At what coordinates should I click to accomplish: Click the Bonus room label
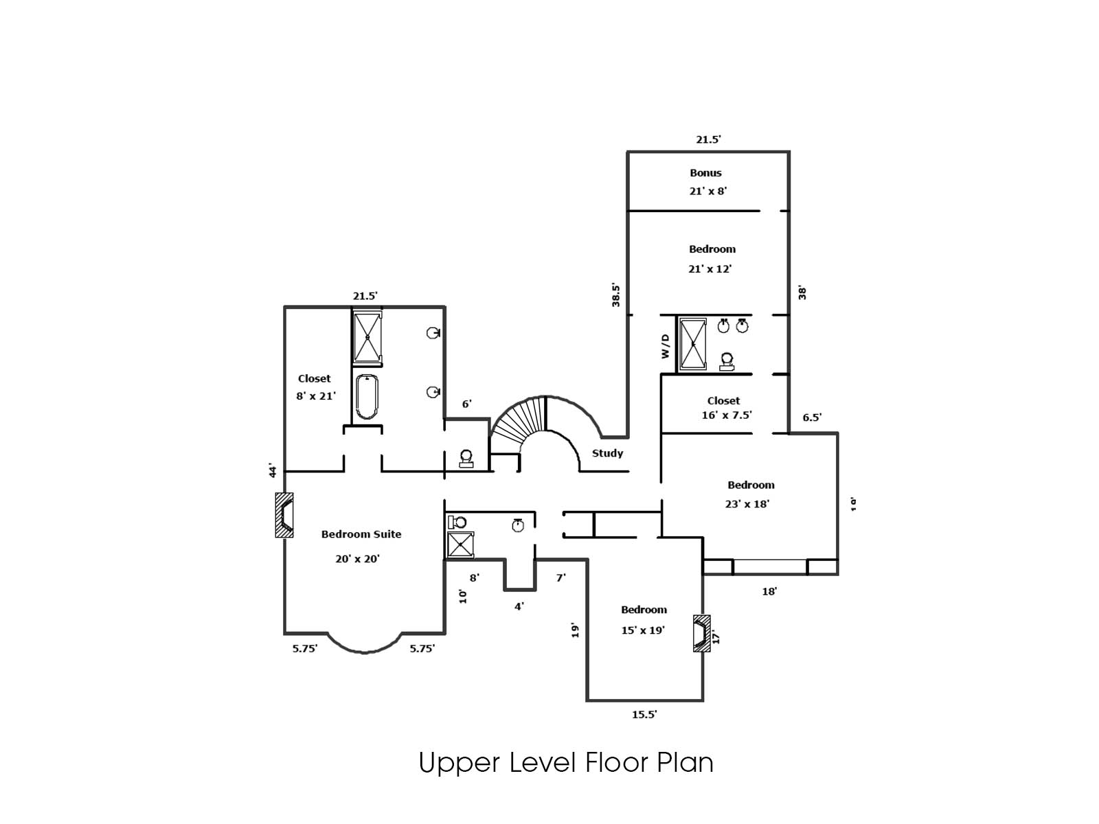coord(705,173)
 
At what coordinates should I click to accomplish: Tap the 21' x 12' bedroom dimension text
coord(710,269)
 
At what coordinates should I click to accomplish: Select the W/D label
coord(665,345)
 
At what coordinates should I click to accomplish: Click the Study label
coord(607,453)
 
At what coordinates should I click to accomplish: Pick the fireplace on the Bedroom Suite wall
coord(284,515)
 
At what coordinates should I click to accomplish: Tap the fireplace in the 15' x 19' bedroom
coord(702,632)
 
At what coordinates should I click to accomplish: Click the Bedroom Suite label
coord(361,534)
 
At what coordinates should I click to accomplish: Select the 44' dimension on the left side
coord(273,470)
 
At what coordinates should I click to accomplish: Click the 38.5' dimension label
coord(616,295)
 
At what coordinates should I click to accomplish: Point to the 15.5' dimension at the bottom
coord(644,715)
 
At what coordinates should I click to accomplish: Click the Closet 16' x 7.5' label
coord(725,408)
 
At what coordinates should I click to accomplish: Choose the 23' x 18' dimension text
coord(747,504)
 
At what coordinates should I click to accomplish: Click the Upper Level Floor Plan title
coord(566,763)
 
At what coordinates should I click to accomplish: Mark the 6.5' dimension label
coord(812,417)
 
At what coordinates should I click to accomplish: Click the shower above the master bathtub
coord(367,336)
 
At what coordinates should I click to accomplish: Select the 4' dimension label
coord(519,606)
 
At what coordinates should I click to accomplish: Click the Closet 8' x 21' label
coord(315,387)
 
